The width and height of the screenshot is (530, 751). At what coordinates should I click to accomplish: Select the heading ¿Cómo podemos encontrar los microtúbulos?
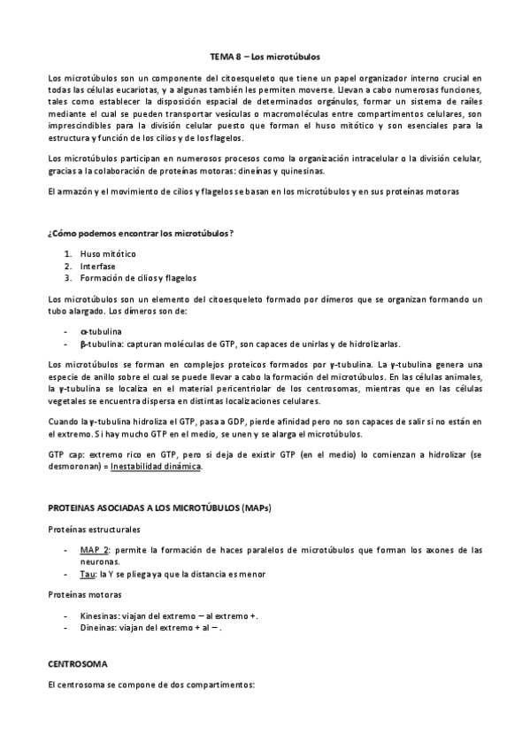pyautogui.click(x=141, y=233)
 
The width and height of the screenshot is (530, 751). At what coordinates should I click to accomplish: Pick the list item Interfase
pyautogui.click(x=97, y=266)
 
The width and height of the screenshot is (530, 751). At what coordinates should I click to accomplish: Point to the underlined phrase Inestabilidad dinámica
pyautogui.click(x=164, y=467)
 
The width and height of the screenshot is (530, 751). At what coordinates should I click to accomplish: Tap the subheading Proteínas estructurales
pyautogui.click(x=94, y=529)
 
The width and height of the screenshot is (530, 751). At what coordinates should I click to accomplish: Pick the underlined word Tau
pyautogui.click(x=87, y=573)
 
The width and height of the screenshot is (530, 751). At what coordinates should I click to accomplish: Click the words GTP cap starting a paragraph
pyautogui.click(x=65, y=453)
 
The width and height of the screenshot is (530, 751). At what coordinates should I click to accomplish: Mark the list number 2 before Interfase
pyautogui.click(x=67, y=266)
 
